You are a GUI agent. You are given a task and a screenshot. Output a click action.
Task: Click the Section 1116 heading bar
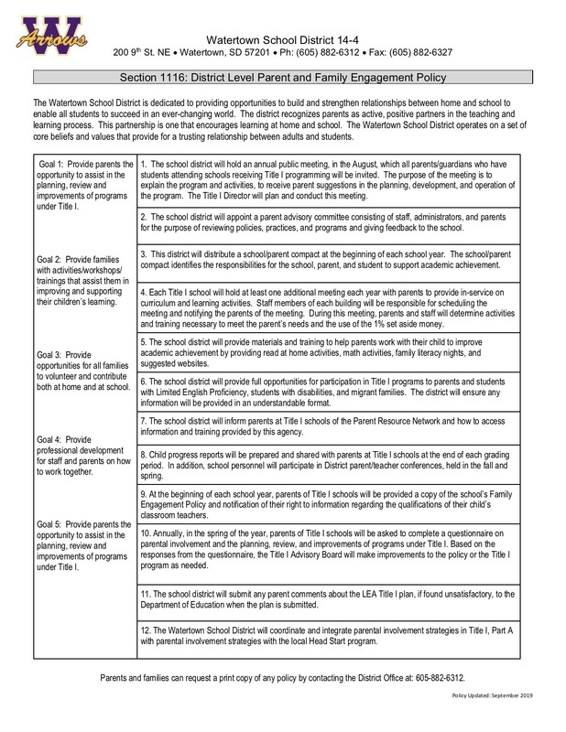pyautogui.click(x=283, y=80)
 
